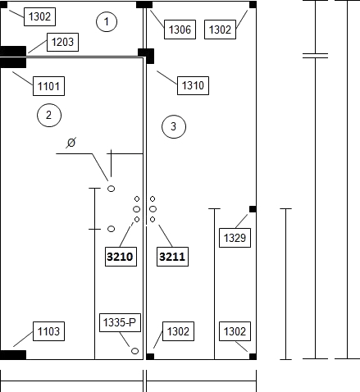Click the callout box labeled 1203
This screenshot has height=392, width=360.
[62, 42]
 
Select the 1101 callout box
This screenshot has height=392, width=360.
[48, 86]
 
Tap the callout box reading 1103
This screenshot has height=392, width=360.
[48, 331]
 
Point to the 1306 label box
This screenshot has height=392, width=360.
[180, 30]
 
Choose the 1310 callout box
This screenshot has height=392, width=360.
[193, 85]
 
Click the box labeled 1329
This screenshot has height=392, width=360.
[235, 238]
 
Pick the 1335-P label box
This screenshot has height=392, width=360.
[120, 322]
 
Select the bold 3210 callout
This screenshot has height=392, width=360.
[121, 257]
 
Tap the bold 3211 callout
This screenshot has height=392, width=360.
[172, 257]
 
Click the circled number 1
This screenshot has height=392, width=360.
[107, 21]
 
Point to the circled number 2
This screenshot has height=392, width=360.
[49, 115]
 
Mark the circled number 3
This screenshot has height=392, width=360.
[174, 126]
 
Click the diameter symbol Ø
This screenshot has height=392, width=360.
[71, 143]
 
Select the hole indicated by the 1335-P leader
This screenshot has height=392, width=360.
[134, 351]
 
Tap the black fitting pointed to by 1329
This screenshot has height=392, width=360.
[253, 209]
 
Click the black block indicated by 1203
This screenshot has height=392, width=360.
[13, 51]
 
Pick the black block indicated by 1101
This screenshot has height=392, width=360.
[13, 63]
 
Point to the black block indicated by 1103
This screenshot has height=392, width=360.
[13, 355]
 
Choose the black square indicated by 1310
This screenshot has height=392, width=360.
[146, 56]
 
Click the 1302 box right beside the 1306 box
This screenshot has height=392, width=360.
[220, 30]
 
